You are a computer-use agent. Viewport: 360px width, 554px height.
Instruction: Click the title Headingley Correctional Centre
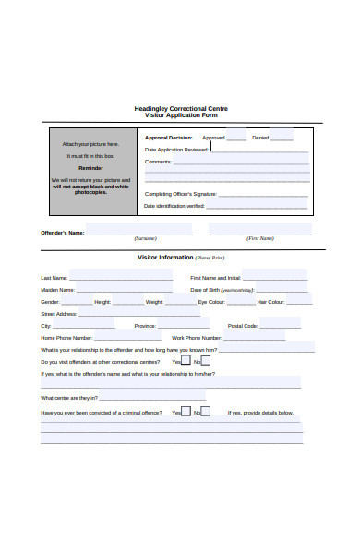point(181,108)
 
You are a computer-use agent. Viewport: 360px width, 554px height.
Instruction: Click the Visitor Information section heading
point(165,258)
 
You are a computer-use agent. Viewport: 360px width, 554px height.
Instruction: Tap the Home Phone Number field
point(129,337)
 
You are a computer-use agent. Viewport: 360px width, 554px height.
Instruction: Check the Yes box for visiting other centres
point(186,361)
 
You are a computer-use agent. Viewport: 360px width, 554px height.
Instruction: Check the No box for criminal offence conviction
point(205,412)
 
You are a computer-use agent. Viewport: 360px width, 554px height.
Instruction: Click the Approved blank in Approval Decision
point(236,138)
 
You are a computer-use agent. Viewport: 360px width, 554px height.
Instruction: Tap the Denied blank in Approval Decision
point(282,138)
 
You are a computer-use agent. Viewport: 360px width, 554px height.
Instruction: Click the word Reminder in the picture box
point(90,169)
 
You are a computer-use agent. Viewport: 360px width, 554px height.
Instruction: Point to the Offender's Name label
point(62,233)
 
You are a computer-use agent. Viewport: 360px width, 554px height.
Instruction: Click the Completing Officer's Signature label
point(180,194)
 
